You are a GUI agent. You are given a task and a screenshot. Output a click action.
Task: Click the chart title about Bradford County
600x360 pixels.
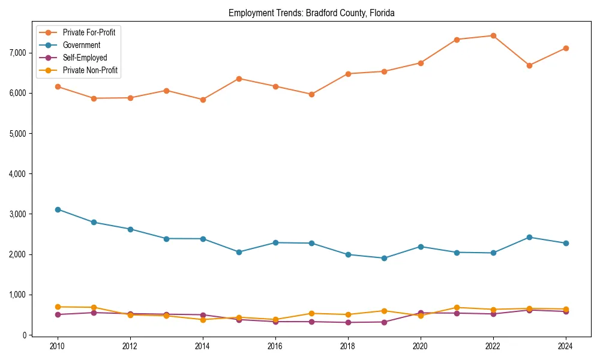click(311, 13)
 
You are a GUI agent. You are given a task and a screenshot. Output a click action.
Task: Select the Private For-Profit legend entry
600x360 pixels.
click(89, 32)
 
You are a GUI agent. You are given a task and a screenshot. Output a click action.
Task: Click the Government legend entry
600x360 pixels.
click(82, 45)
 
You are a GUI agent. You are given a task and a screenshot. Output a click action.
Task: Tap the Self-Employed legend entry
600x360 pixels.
click(85, 58)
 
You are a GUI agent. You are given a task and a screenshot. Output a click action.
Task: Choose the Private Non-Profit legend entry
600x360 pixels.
click(90, 70)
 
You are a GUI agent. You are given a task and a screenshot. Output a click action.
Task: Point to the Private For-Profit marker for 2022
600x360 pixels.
click(493, 35)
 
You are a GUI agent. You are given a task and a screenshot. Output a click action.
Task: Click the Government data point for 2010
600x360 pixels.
click(58, 209)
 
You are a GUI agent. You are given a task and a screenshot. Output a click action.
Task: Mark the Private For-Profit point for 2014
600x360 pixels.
click(203, 100)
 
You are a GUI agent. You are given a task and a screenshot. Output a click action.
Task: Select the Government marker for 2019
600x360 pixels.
click(384, 258)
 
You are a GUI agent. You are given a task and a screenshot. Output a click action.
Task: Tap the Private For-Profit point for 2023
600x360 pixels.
click(529, 65)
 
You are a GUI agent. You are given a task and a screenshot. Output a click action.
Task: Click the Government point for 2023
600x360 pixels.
click(529, 237)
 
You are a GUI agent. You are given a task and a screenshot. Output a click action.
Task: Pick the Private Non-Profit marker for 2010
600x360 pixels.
click(58, 307)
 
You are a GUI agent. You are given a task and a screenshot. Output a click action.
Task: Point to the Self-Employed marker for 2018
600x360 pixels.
click(348, 322)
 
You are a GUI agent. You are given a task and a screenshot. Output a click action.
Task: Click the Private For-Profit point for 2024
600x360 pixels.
click(566, 48)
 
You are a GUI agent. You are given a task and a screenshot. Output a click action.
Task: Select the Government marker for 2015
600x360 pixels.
click(239, 252)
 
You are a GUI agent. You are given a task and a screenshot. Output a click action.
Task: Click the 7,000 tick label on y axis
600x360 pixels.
click(18, 53)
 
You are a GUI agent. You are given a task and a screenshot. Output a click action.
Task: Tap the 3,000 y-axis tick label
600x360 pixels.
click(18, 214)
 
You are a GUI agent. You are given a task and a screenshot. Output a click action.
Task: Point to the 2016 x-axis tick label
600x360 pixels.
click(275, 346)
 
